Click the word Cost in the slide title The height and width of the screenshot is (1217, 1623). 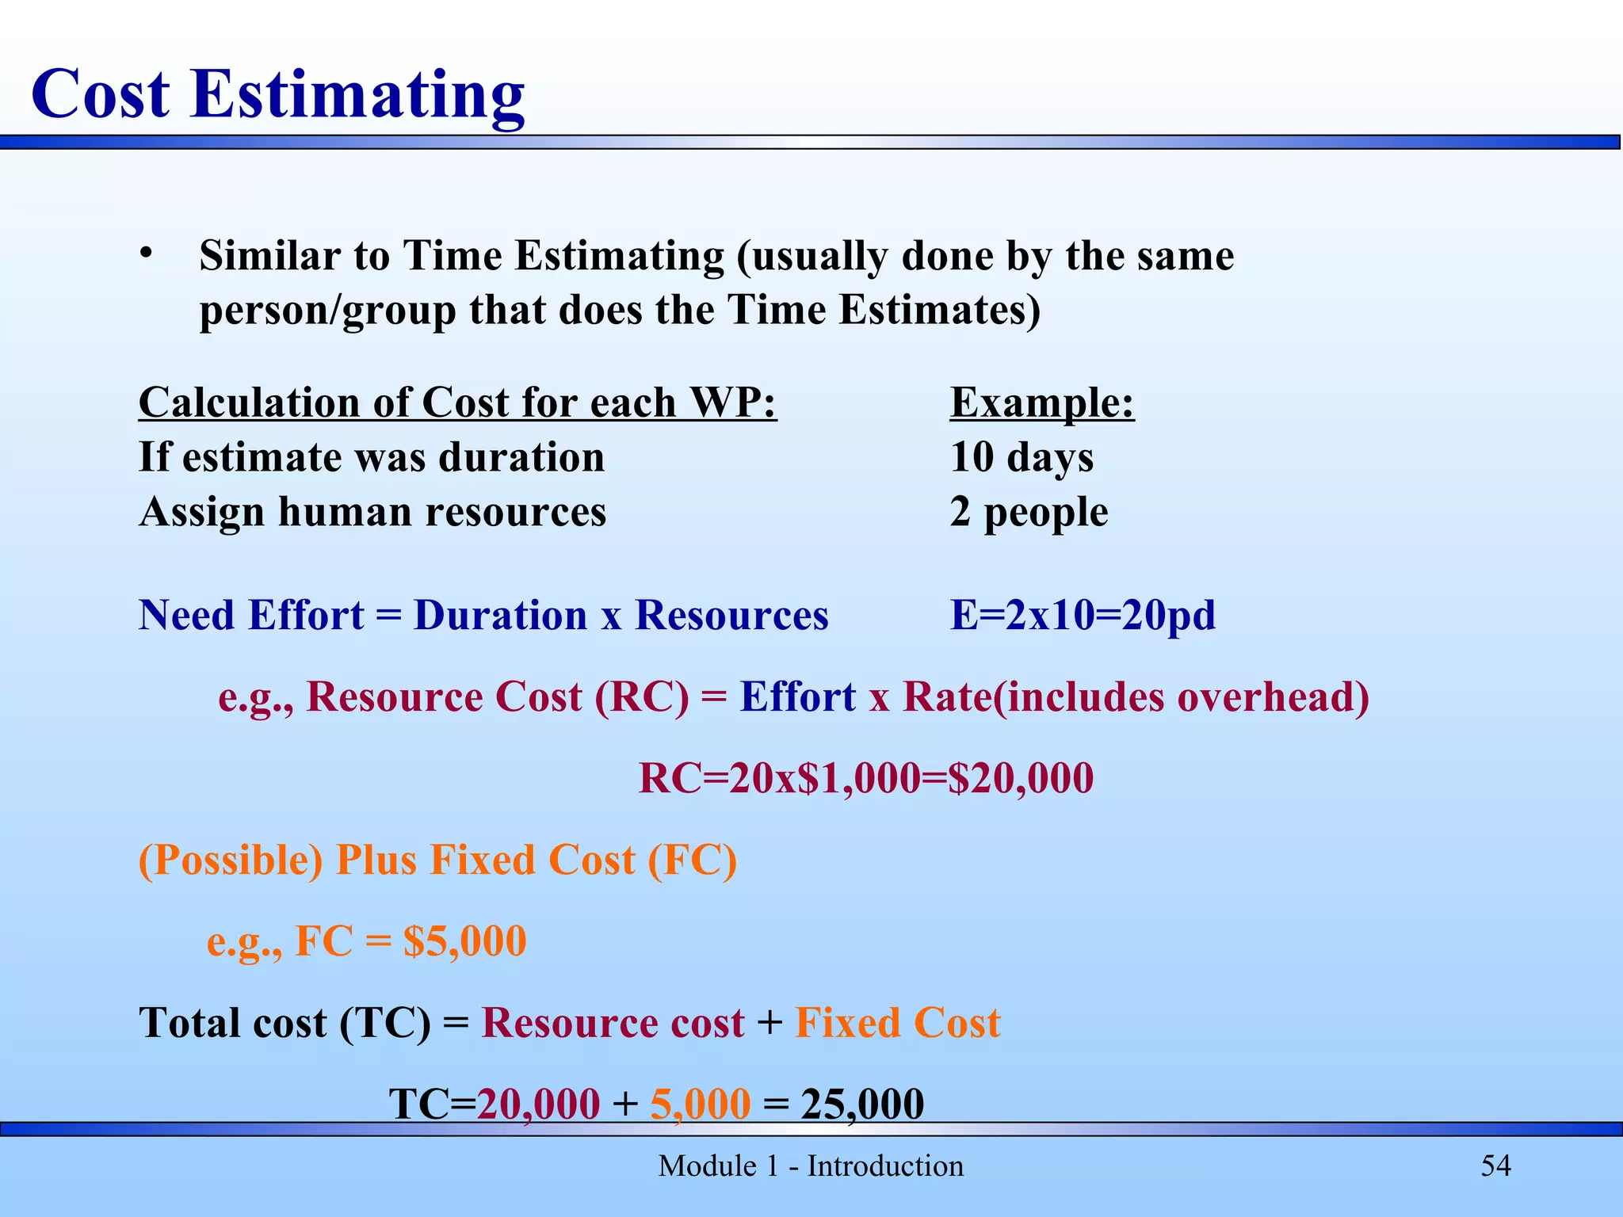(x=101, y=94)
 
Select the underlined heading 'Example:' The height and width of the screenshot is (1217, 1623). (x=1042, y=402)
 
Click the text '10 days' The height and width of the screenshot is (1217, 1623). (x=1022, y=457)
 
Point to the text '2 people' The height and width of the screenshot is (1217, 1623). (x=1029, y=512)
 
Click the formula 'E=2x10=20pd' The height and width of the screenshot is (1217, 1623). (x=1083, y=616)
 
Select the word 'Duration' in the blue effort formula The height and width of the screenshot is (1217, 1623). (x=500, y=616)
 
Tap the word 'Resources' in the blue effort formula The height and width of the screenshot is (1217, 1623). (x=731, y=616)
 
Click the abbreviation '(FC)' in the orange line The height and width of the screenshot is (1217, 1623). (x=692, y=860)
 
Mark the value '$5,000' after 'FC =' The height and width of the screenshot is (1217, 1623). (x=464, y=941)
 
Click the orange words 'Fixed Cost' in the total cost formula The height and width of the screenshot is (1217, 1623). (x=898, y=1023)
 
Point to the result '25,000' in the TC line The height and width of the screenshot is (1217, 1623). (x=862, y=1104)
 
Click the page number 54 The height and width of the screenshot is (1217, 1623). (x=1495, y=1165)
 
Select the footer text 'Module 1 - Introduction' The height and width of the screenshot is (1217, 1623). (x=811, y=1166)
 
